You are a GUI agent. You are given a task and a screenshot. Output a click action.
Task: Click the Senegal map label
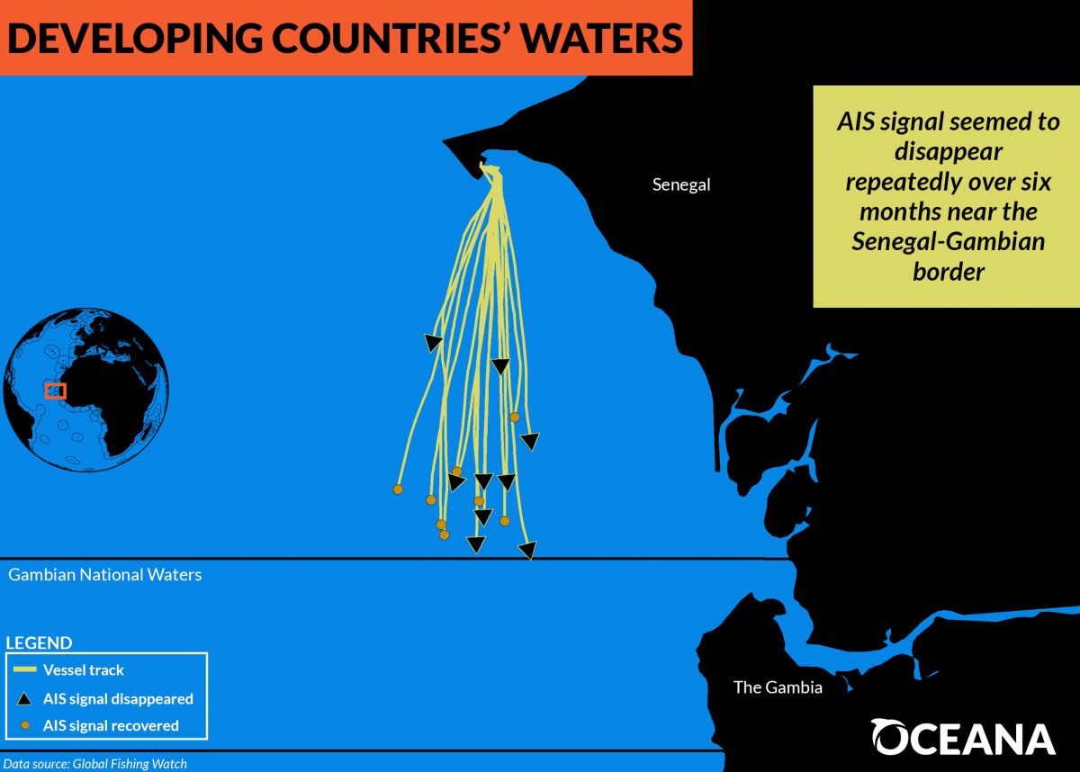pyautogui.click(x=681, y=184)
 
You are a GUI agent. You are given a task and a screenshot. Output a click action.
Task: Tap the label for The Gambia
pyautogui.click(x=778, y=687)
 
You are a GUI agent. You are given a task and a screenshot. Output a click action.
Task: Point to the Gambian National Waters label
pyautogui.click(x=105, y=574)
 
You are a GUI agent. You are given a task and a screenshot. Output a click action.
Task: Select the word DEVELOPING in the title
pyautogui.click(x=136, y=39)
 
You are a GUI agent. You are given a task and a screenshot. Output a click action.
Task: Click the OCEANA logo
pyautogui.click(x=963, y=736)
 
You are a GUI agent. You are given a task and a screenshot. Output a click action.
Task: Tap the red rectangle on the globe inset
pyautogui.click(x=56, y=391)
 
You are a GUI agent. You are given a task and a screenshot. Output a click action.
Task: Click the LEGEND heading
pyautogui.click(x=39, y=642)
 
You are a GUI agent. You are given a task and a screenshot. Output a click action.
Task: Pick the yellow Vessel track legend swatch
pyautogui.click(x=25, y=669)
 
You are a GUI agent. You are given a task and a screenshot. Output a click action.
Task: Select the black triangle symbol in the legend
pyautogui.click(x=24, y=699)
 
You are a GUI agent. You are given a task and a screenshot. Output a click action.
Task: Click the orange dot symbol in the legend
pyautogui.click(x=25, y=725)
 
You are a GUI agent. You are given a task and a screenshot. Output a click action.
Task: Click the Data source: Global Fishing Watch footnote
pyautogui.click(x=95, y=764)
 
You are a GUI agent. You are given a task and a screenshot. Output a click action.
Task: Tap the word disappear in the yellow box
pyautogui.click(x=949, y=151)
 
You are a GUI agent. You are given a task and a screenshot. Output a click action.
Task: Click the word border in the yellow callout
pyautogui.click(x=949, y=272)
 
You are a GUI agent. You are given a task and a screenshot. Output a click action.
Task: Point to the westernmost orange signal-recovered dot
pyautogui.click(x=398, y=489)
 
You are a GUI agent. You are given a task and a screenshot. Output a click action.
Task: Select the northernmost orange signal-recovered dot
pyautogui.click(x=515, y=417)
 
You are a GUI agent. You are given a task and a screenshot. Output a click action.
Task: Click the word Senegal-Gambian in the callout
pyautogui.click(x=949, y=241)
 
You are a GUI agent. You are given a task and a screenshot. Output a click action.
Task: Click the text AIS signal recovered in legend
pyautogui.click(x=111, y=726)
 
